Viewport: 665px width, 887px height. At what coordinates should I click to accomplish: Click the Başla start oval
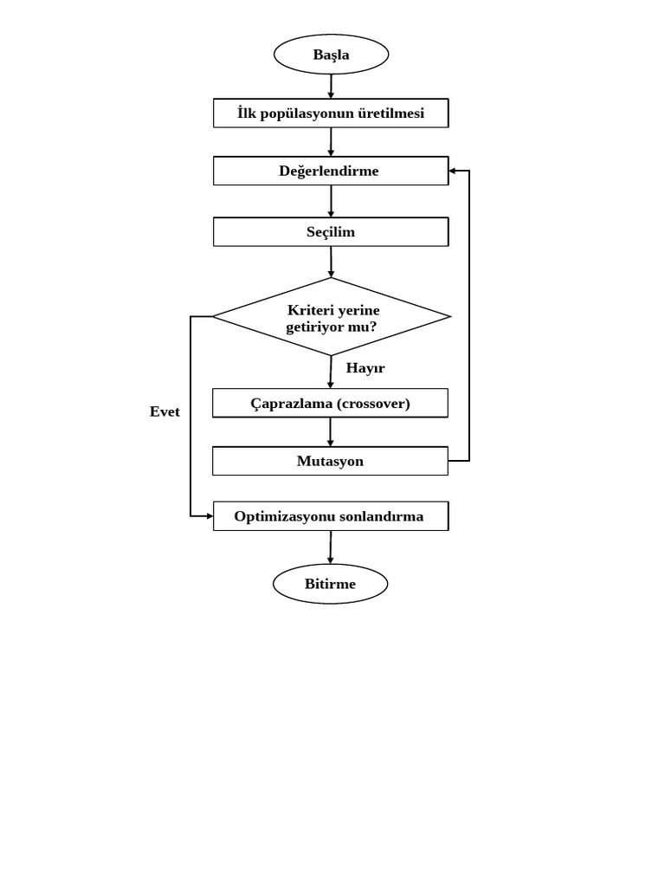[331, 55]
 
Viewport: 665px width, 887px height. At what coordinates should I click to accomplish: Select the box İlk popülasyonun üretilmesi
[331, 113]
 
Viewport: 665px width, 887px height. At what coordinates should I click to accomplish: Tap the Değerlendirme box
[331, 171]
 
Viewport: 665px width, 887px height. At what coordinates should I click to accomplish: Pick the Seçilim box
[331, 232]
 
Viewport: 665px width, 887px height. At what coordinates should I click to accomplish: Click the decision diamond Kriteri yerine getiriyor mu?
[332, 317]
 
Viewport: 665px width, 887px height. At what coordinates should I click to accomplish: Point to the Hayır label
[365, 368]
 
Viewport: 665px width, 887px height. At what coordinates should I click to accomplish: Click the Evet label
[165, 411]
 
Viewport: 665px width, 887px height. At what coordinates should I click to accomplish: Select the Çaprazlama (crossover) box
[330, 403]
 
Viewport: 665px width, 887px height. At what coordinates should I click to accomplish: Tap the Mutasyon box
[330, 461]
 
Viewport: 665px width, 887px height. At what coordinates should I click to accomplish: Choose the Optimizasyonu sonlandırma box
[330, 516]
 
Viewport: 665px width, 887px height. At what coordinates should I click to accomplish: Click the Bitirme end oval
[330, 584]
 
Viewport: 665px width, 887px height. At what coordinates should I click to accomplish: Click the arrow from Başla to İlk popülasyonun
[331, 87]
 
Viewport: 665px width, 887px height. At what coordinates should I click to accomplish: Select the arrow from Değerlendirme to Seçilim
[331, 201]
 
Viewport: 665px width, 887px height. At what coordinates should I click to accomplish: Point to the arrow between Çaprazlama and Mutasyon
[330, 432]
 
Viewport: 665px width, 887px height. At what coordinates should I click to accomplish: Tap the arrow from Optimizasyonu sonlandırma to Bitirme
[330, 547]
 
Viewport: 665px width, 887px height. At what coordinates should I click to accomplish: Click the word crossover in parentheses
[373, 403]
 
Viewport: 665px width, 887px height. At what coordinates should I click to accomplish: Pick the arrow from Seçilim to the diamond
[331, 262]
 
